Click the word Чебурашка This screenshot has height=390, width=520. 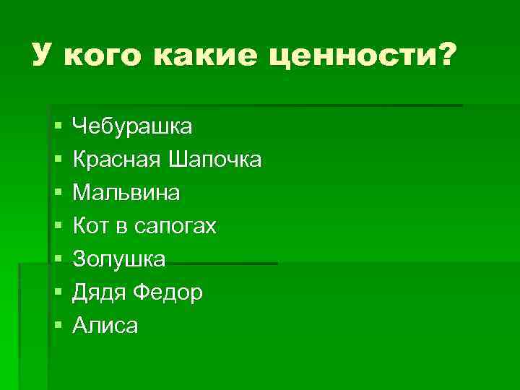coord(132,127)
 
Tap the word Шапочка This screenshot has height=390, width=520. coord(214,160)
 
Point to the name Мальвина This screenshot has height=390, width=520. coord(127,193)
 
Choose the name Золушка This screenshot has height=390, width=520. coord(119,259)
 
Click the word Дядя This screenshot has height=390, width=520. coord(99,292)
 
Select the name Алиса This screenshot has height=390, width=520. coord(105,326)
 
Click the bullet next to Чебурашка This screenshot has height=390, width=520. coord(57,128)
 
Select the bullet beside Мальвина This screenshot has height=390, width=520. coord(57,194)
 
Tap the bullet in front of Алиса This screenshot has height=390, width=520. coord(57,326)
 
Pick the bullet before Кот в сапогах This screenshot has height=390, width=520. coord(57,227)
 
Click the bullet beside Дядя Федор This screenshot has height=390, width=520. coord(57,293)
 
